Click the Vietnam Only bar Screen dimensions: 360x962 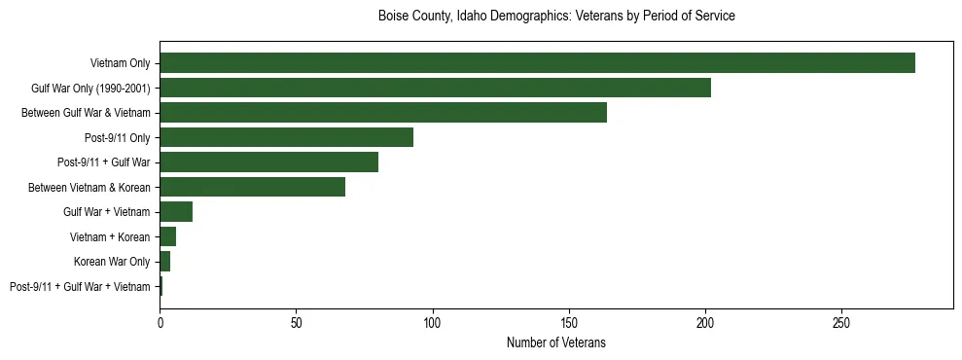pyautogui.click(x=537, y=62)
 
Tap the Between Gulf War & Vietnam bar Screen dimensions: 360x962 pyautogui.click(x=383, y=112)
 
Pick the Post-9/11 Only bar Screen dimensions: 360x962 pyautogui.click(x=286, y=137)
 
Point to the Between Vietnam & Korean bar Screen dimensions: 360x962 pyautogui.click(x=252, y=187)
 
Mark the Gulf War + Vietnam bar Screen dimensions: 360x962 pyautogui.click(x=176, y=211)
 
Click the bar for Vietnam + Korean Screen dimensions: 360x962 pyautogui.click(x=167, y=236)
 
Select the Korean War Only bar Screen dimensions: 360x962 pyautogui.click(x=164, y=262)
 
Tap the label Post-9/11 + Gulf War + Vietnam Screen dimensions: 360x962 pyautogui.click(x=80, y=287)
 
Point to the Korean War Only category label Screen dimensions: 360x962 pyautogui.click(x=112, y=262)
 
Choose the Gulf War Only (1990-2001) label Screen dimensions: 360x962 pyautogui.click(x=90, y=88)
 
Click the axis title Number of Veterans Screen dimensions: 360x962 pyautogui.click(x=555, y=342)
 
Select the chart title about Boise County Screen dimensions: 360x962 pyautogui.click(x=555, y=17)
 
